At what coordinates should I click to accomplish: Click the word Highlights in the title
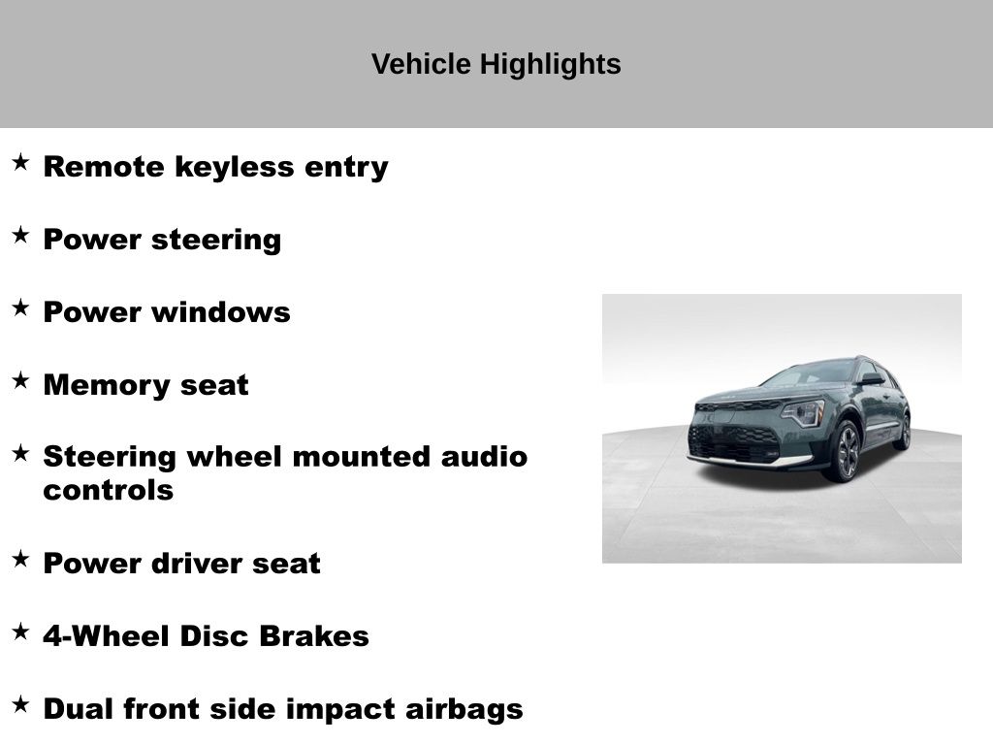pos(551,65)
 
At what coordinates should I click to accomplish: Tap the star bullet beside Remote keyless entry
pos(20,162)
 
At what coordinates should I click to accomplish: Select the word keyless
pos(235,167)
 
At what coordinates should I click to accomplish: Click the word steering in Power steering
pos(216,241)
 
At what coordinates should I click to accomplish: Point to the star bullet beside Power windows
pos(20,308)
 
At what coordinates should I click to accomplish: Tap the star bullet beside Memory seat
pos(20,380)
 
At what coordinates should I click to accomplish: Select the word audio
pos(484,457)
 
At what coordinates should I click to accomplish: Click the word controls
pos(109,490)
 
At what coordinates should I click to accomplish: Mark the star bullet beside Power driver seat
pos(20,559)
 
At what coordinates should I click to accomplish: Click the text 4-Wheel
pos(107,636)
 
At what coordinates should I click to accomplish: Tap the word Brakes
pos(314,636)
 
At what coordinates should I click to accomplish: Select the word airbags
pos(464,709)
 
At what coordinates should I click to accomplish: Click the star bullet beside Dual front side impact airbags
pos(20,704)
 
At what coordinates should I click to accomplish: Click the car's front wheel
pos(846,451)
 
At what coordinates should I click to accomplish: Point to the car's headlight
pos(803,413)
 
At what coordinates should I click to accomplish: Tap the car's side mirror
pos(871,379)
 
